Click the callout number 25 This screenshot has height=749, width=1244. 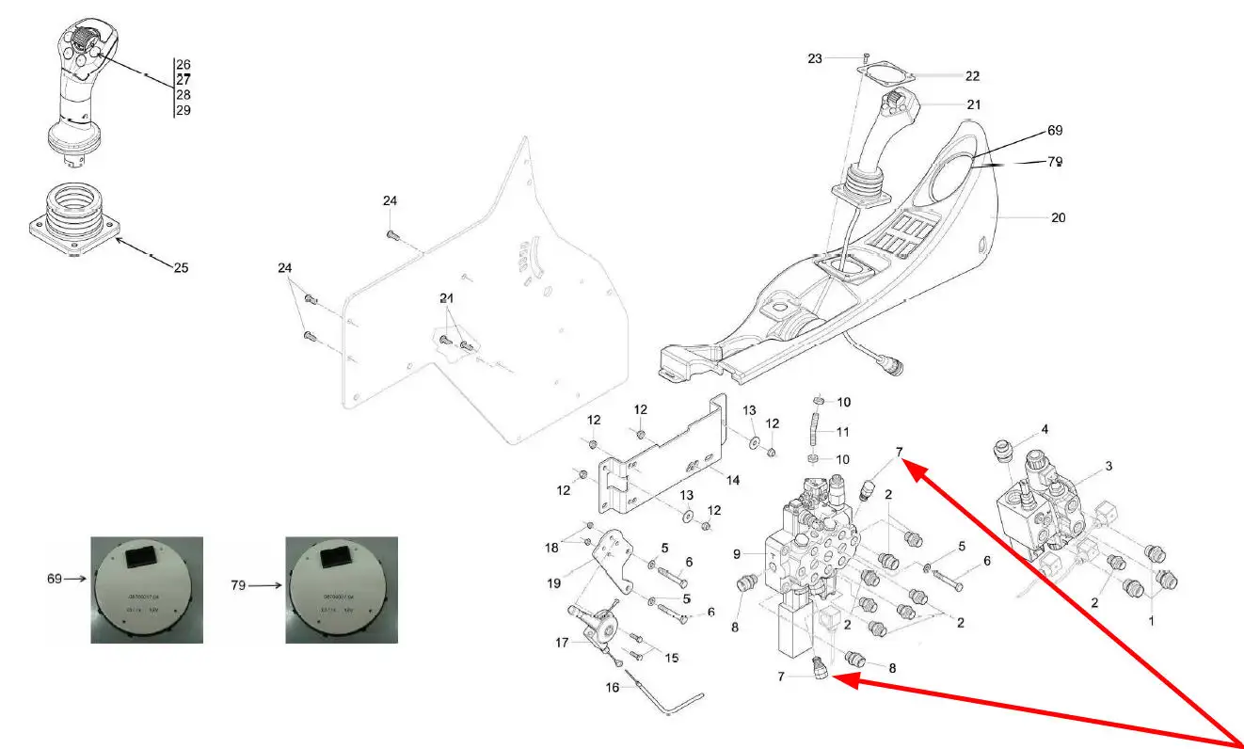(x=181, y=267)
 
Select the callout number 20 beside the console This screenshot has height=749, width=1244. (x=1058, y=217)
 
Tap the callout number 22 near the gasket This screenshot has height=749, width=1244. (x=972, y=76)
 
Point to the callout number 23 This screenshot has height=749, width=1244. (x=815, y=58)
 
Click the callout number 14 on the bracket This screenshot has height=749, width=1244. (x=732, y=480)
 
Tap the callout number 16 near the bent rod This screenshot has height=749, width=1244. (x=613, y=687)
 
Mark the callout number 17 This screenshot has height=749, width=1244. (x=563, y=643)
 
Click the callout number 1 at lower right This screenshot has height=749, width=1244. (x=1151, y=621)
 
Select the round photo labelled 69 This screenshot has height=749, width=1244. (x=147, y=589)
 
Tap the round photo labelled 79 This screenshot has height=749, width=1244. (x=342, y=589)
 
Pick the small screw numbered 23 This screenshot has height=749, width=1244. (x=866, y=58)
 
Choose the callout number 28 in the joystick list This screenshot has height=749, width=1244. (x=183, y=96)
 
